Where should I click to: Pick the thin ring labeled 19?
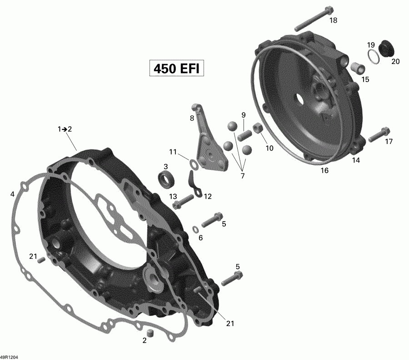click(373, 58)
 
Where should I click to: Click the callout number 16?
click(324, 170)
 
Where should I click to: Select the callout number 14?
click(356, 160)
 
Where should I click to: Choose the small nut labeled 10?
click(258, 128)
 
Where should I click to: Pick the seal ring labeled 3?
click(167, 178)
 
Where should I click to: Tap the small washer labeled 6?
click(195, 228)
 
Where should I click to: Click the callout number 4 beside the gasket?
click(12, 194)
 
